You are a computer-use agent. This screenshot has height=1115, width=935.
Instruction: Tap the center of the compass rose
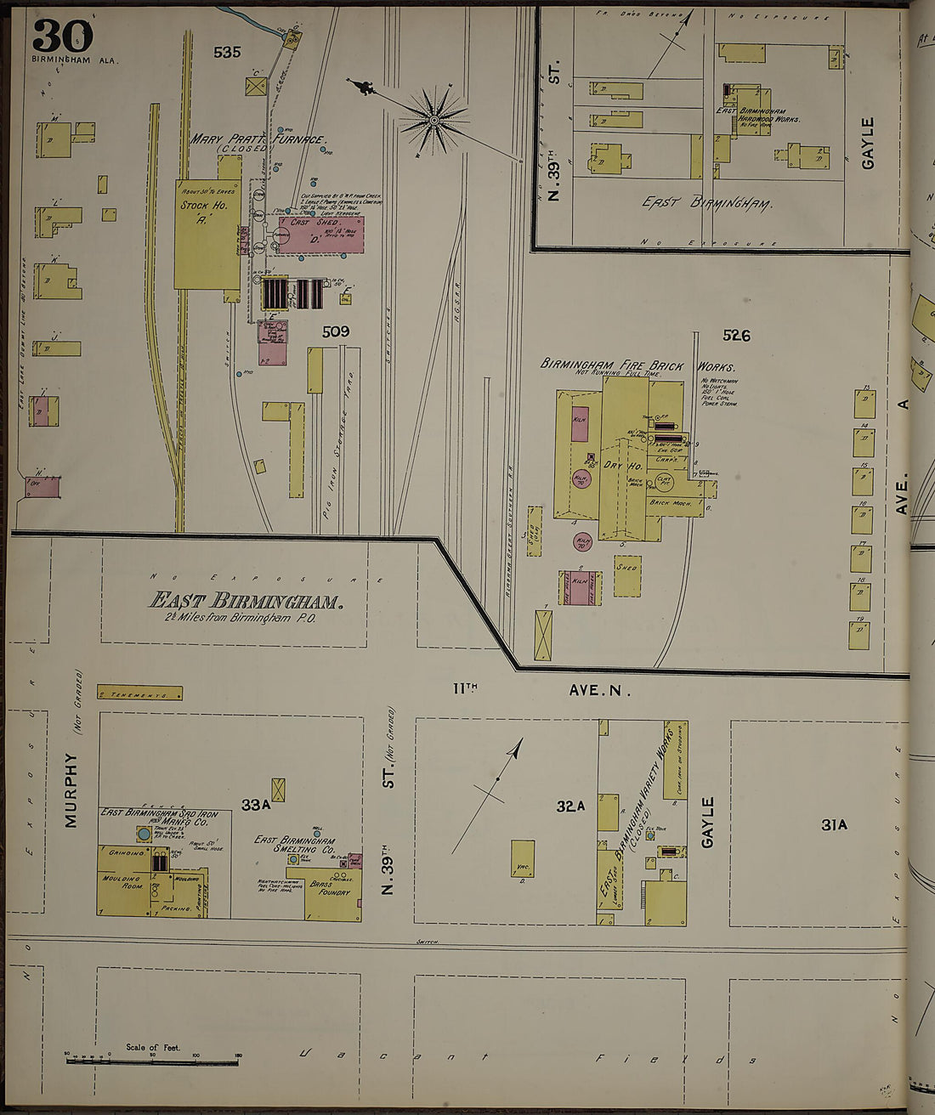click(x=434, y=120)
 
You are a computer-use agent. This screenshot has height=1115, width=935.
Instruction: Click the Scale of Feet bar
click(x=152, y=1060)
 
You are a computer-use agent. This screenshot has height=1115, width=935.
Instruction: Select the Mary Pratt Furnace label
click(x=257, y=139)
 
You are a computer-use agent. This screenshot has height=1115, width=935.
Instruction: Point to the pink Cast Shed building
click(x=320, y=234)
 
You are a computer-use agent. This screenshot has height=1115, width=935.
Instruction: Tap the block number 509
click(x=335, y=331)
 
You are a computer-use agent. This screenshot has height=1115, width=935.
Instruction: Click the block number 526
click(x=736, y=336)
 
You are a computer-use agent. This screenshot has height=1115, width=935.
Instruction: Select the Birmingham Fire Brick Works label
click(x=637, y=365)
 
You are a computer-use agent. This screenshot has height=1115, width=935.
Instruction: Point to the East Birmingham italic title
click(x=246, y=600)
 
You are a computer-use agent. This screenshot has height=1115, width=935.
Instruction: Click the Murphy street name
click(x=71, y=791)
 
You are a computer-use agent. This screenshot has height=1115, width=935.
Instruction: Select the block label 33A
click(x=255, y=804)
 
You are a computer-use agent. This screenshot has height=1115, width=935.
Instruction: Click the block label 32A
click(x=570, y=807)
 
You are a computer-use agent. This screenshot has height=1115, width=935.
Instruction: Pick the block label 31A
click(x=833, y=824)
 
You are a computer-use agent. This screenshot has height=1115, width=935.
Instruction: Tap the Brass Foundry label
click(x=330, y=888)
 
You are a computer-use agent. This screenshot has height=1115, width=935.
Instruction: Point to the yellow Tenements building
click(x=139, y=693)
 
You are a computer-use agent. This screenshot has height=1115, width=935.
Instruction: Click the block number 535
click(x=227, y=52)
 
